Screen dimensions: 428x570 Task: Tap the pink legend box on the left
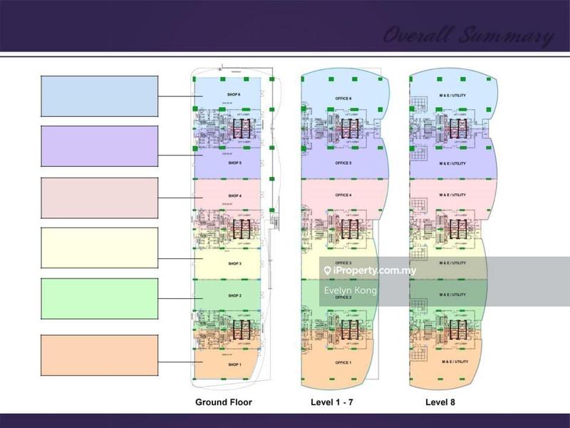99,197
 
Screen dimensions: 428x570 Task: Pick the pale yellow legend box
99,248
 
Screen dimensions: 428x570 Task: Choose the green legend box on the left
99,299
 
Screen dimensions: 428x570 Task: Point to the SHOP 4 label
235,195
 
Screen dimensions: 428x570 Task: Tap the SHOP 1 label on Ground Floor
235,365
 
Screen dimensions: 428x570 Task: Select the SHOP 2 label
235,295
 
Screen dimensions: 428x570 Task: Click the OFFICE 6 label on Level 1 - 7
343,98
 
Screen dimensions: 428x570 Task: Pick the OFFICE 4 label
343,195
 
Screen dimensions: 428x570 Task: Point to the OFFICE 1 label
343,363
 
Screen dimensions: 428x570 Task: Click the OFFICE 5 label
343,163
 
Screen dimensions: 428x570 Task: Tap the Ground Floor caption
224,402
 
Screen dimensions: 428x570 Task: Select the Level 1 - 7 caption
332,402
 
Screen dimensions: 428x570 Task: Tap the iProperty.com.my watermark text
374,271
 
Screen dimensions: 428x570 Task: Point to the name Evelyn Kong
350,290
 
